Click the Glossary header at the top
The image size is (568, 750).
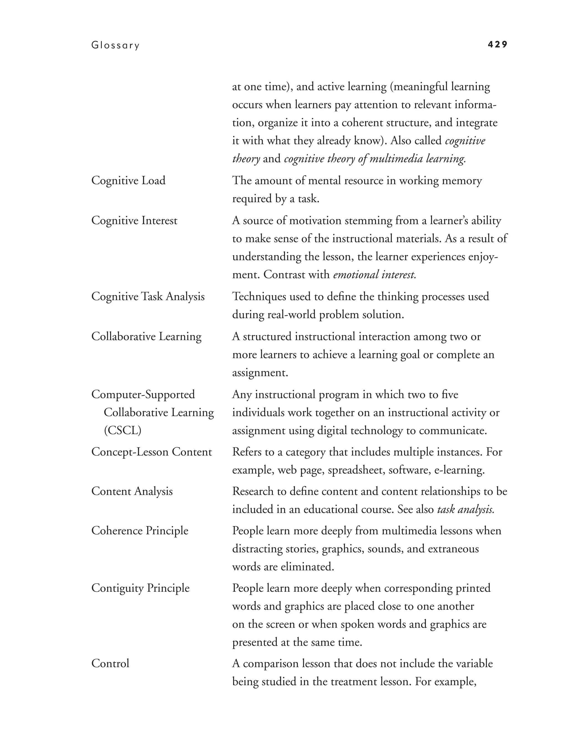pyautogui.click(x=115, y=45)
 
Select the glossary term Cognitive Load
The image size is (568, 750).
pyautogui.click(x=128, y=180)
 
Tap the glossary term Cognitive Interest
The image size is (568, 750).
pyautogui.click(x=134, y=221)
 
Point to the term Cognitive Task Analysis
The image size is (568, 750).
pyautogui.click(x=148, y=297)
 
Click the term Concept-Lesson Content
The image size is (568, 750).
pyautogui.click(x=151, y=452)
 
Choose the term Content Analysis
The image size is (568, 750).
pyautogui.click(x=132, y=491)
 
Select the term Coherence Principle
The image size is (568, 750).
pyautogui.click(x=140, y=531)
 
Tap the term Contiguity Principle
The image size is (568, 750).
pyautogui.click(x=140, y=588)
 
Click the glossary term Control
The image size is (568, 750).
pyautogui.click(x=110, y=664)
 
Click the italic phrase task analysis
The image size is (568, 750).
pyautogui.click(x=465, y=509)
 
